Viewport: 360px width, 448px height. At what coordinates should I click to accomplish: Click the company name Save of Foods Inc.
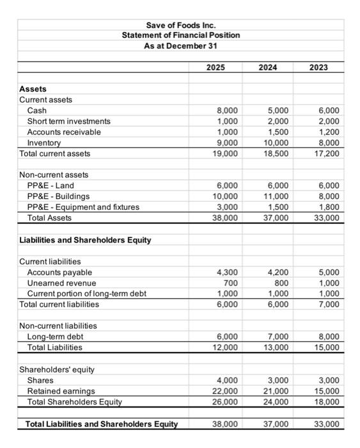point(181,24)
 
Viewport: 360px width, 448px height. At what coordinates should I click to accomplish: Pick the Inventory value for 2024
point(276,143)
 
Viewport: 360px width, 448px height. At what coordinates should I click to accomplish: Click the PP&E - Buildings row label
point(58,196)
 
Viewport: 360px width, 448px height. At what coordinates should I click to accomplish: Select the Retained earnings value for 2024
point(276,391)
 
